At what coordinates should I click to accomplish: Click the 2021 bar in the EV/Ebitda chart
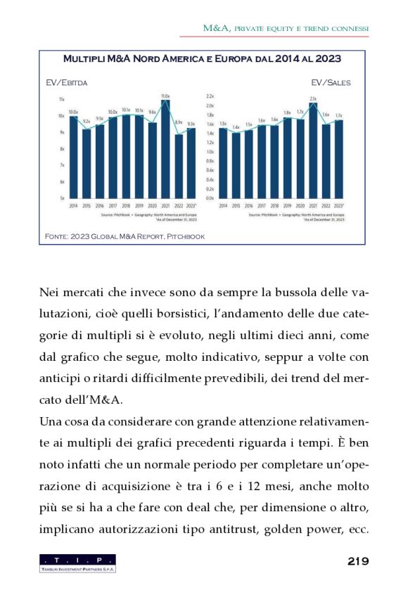point(166,151)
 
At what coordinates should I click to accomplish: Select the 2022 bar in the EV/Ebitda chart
point(179,167)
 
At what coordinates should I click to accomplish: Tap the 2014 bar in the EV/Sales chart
point(223,162)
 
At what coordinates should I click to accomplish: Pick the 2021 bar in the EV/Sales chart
point(313,151)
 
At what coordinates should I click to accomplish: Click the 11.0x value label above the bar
point(166,96)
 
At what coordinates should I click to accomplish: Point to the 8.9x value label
point(179,122)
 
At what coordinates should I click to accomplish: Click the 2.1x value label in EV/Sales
point(313,99)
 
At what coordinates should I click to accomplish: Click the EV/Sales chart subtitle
point(330,82)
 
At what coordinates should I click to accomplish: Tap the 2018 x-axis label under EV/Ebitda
point(126,205)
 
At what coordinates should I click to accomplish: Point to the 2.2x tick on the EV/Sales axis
point(209,95)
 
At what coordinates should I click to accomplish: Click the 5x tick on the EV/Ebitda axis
point(62,198)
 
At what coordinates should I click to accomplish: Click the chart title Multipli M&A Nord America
point(203,58)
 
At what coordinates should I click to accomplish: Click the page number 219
point(358,561)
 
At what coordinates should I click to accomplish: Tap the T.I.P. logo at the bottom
point(78,563)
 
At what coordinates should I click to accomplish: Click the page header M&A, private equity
point(286,28)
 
